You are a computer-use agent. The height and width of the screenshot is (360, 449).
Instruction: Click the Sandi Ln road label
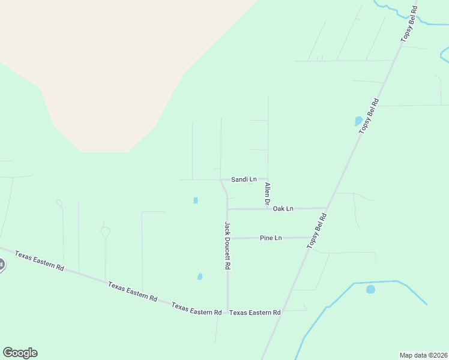click(x=244, y=179)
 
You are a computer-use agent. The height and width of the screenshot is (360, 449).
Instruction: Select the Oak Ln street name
click(x=283, y=209)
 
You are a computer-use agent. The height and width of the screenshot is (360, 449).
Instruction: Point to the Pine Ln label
click(x=271, y=238)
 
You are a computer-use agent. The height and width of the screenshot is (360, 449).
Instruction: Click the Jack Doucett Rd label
click(x=228, y=245)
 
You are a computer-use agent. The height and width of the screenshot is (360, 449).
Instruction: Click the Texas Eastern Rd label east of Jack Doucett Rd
click(x=255, y=313)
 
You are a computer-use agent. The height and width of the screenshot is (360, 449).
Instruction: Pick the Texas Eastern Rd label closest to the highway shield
click(x=40, y=260)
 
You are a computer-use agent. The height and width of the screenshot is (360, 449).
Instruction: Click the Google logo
click(x=20, y=353)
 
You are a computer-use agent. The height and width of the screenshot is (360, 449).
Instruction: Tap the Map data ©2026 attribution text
click(x=423, y=355)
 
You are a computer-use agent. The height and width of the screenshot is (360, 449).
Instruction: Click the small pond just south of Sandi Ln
click(x=196, y=200)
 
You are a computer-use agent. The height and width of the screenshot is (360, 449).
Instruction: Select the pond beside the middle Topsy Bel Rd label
click(x=358, y=121)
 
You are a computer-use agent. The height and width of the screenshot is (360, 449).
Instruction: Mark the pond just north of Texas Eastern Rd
click(x=200, y=277)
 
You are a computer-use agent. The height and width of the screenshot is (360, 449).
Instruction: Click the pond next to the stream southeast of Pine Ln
click(x=370, y=289)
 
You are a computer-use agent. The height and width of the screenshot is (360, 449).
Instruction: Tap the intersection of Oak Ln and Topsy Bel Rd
click(x=326, y=208)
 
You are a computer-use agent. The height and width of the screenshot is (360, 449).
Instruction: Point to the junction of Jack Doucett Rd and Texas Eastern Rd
click(x=227, y=313)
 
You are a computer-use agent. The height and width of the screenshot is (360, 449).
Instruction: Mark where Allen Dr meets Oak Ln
click(x=268, y=209)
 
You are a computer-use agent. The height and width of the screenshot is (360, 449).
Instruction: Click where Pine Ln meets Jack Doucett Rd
click(x=227, y=238)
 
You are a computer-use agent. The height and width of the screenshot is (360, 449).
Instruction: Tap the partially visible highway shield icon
click(x=2, y=265)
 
